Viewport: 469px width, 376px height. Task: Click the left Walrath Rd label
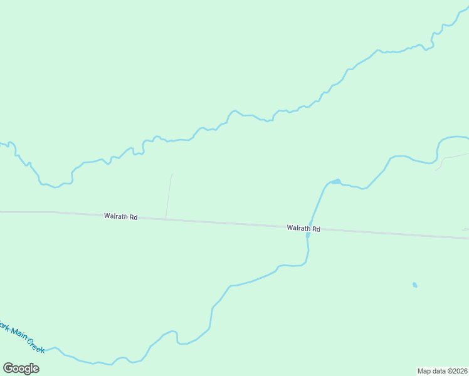[121, 216]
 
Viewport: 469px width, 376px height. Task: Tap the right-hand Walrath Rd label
[303, 229]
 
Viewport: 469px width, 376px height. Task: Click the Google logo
[21, 368]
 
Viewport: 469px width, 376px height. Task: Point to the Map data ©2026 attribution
[442, 371]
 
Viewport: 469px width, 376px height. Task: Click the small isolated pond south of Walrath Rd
[414, 285]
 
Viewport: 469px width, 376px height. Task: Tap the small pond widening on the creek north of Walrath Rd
[336, 182]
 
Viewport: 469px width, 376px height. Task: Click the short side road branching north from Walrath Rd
[169, 197]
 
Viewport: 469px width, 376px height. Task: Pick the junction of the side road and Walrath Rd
[166, 219]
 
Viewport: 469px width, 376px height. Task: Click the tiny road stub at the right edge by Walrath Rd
[466, 230]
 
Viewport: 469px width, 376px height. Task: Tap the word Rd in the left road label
[133, 217]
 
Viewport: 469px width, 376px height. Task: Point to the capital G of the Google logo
[9, 368]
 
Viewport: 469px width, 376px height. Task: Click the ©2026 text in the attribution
[456, 371]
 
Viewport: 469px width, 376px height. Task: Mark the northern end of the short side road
[172, 175]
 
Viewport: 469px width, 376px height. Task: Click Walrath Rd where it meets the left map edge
[1, 212]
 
